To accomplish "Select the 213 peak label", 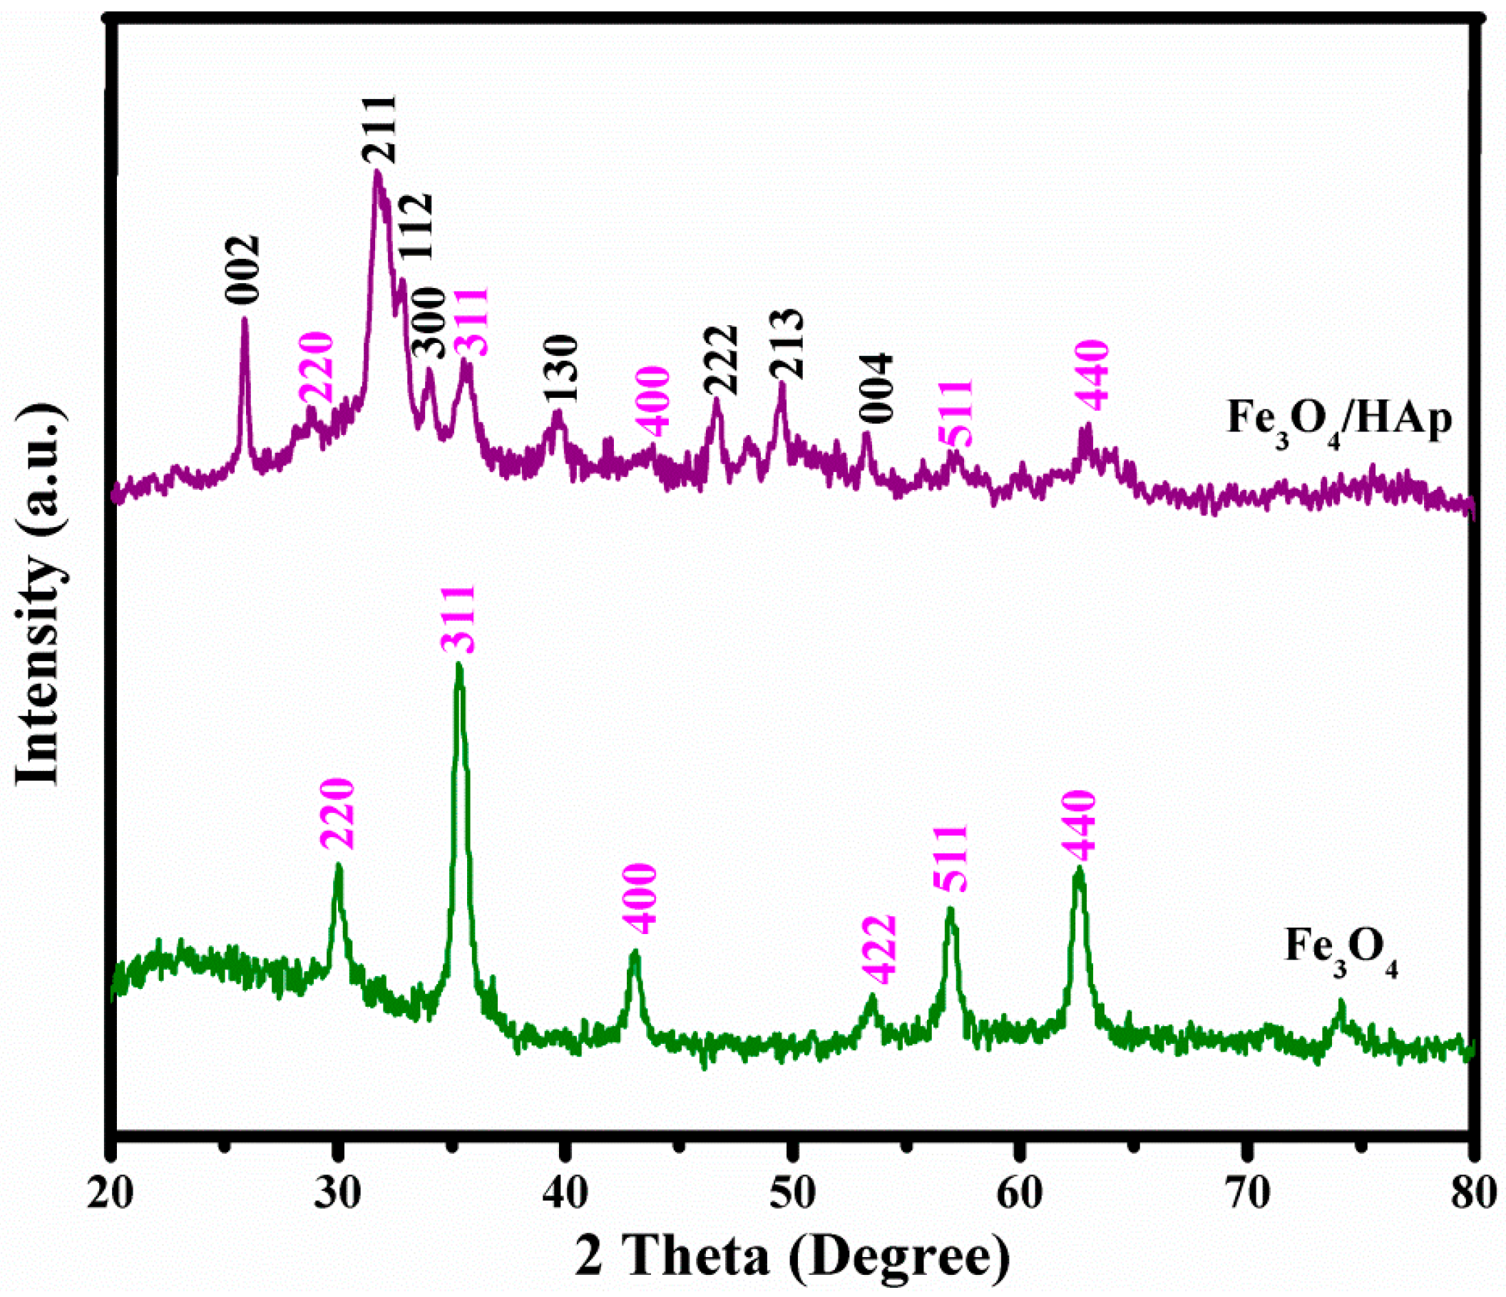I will tap(787, 344).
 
